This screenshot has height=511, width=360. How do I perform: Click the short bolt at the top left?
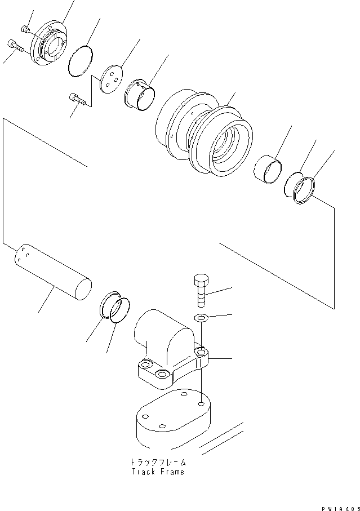24,29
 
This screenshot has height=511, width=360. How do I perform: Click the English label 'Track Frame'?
158,472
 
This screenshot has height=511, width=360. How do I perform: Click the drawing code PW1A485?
338,505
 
